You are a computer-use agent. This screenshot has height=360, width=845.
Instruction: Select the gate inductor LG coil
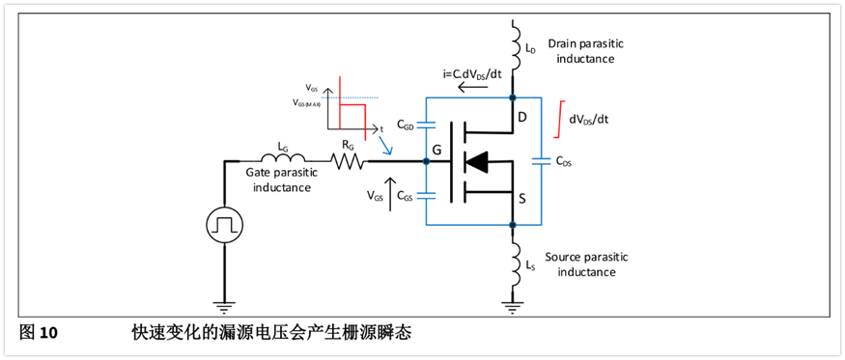pos(284,156)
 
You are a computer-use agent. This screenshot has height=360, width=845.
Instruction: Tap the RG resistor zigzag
pos(349,160)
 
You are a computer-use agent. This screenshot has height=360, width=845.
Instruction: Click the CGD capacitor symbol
pos(426,125)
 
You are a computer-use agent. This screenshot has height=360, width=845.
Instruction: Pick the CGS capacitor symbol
pos(426,196)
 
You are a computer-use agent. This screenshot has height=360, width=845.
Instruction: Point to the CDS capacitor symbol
pos(541,160)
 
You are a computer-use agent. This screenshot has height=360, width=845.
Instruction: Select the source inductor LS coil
pos(516,263)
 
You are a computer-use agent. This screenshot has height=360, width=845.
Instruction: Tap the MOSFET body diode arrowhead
pos(476,161)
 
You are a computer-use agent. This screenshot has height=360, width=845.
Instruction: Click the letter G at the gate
pos(438,150)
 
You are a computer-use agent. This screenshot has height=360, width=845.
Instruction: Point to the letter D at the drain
pos(523,117)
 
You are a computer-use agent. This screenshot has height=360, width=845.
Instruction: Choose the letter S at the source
pos(523,201)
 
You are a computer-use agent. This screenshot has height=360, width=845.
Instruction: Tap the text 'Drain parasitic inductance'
pos(581,50)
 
